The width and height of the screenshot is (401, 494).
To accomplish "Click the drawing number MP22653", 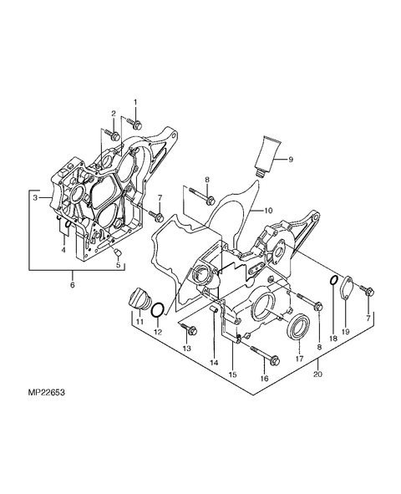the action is pos(46,393).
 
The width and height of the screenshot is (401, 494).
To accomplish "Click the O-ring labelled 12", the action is pos(157,311).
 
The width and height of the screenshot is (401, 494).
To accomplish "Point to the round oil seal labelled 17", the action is pos(299,327).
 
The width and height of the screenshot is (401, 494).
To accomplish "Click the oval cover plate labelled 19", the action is pos(346,287).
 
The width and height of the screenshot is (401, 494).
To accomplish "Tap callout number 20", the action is pos(317,374).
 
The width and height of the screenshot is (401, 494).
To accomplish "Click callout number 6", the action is pos(73,285).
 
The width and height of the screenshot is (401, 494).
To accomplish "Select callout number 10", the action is pos(268,211).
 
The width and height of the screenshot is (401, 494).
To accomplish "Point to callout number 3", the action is pos(35,197).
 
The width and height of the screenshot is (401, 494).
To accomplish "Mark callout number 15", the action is pos(233,374).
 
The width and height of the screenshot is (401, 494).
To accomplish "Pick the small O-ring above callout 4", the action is pos(68,223).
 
